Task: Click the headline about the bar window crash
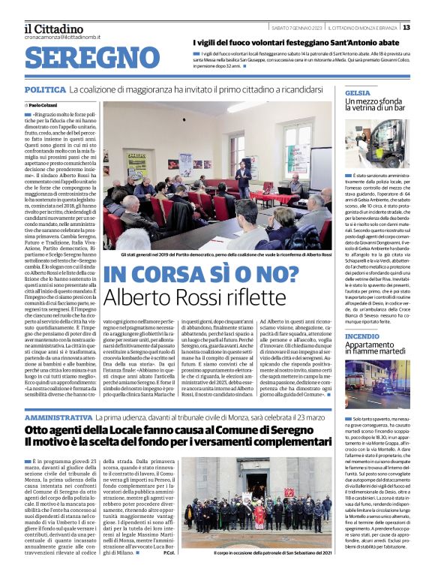(375, 106)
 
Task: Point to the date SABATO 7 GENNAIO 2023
(295, 27)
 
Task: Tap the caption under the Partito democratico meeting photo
(217, 255)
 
